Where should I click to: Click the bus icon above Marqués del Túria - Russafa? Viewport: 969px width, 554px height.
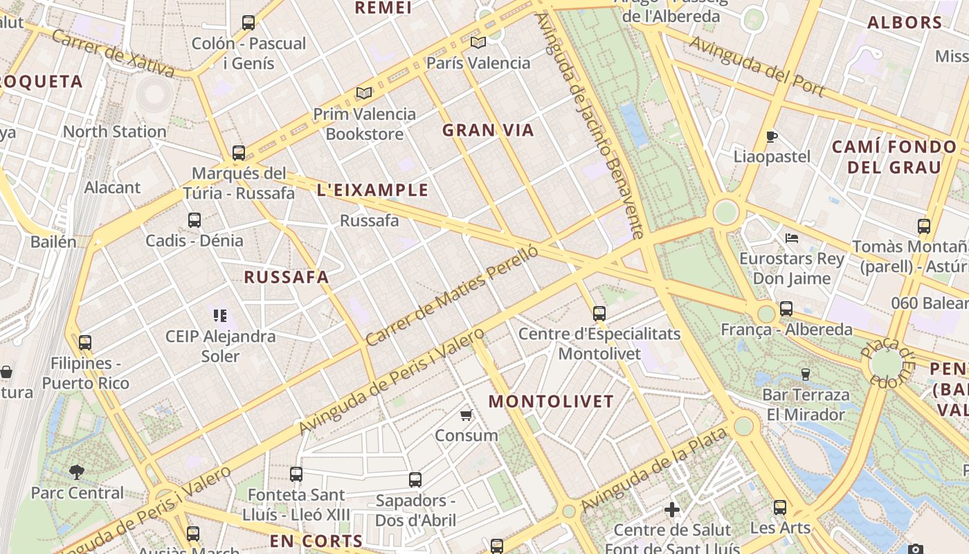click(x=239, y=152)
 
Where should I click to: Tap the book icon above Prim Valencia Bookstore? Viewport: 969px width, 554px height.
click(x=364, y=93)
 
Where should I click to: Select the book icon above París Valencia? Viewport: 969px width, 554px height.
click(x=478, y=42)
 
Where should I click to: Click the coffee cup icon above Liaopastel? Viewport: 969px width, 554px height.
click(x=772, y=136)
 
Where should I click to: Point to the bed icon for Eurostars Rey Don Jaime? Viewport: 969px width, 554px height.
click(x=792, y=238)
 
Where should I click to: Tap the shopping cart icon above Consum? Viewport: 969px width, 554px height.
click(x=467, y=415)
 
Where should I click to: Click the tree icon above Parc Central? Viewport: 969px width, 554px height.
click(x=77, y=472)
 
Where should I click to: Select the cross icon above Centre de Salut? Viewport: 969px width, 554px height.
click(x=671, y=510)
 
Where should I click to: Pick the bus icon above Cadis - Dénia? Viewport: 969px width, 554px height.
click(x=194, y=220)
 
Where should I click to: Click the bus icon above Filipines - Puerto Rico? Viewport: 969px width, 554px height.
click(x=85, y=342)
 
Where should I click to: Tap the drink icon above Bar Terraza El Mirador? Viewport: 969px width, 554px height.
click(x=805, y=375)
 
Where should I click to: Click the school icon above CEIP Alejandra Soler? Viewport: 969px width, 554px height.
click(x=220, y=316)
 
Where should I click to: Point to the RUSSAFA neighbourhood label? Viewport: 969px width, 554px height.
click(x=287, y=278)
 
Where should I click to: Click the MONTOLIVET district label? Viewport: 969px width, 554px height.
click(x=551, y=402)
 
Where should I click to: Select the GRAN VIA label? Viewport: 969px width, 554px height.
click(x=488, y=130)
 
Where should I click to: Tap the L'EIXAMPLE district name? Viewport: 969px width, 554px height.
click(x=372, y=190)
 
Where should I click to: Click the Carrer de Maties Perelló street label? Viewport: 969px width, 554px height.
click(x=451, y=296)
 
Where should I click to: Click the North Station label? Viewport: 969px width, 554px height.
click(x=114, y=132)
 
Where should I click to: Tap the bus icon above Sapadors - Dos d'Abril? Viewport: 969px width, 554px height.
click(x=415, y=479)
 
